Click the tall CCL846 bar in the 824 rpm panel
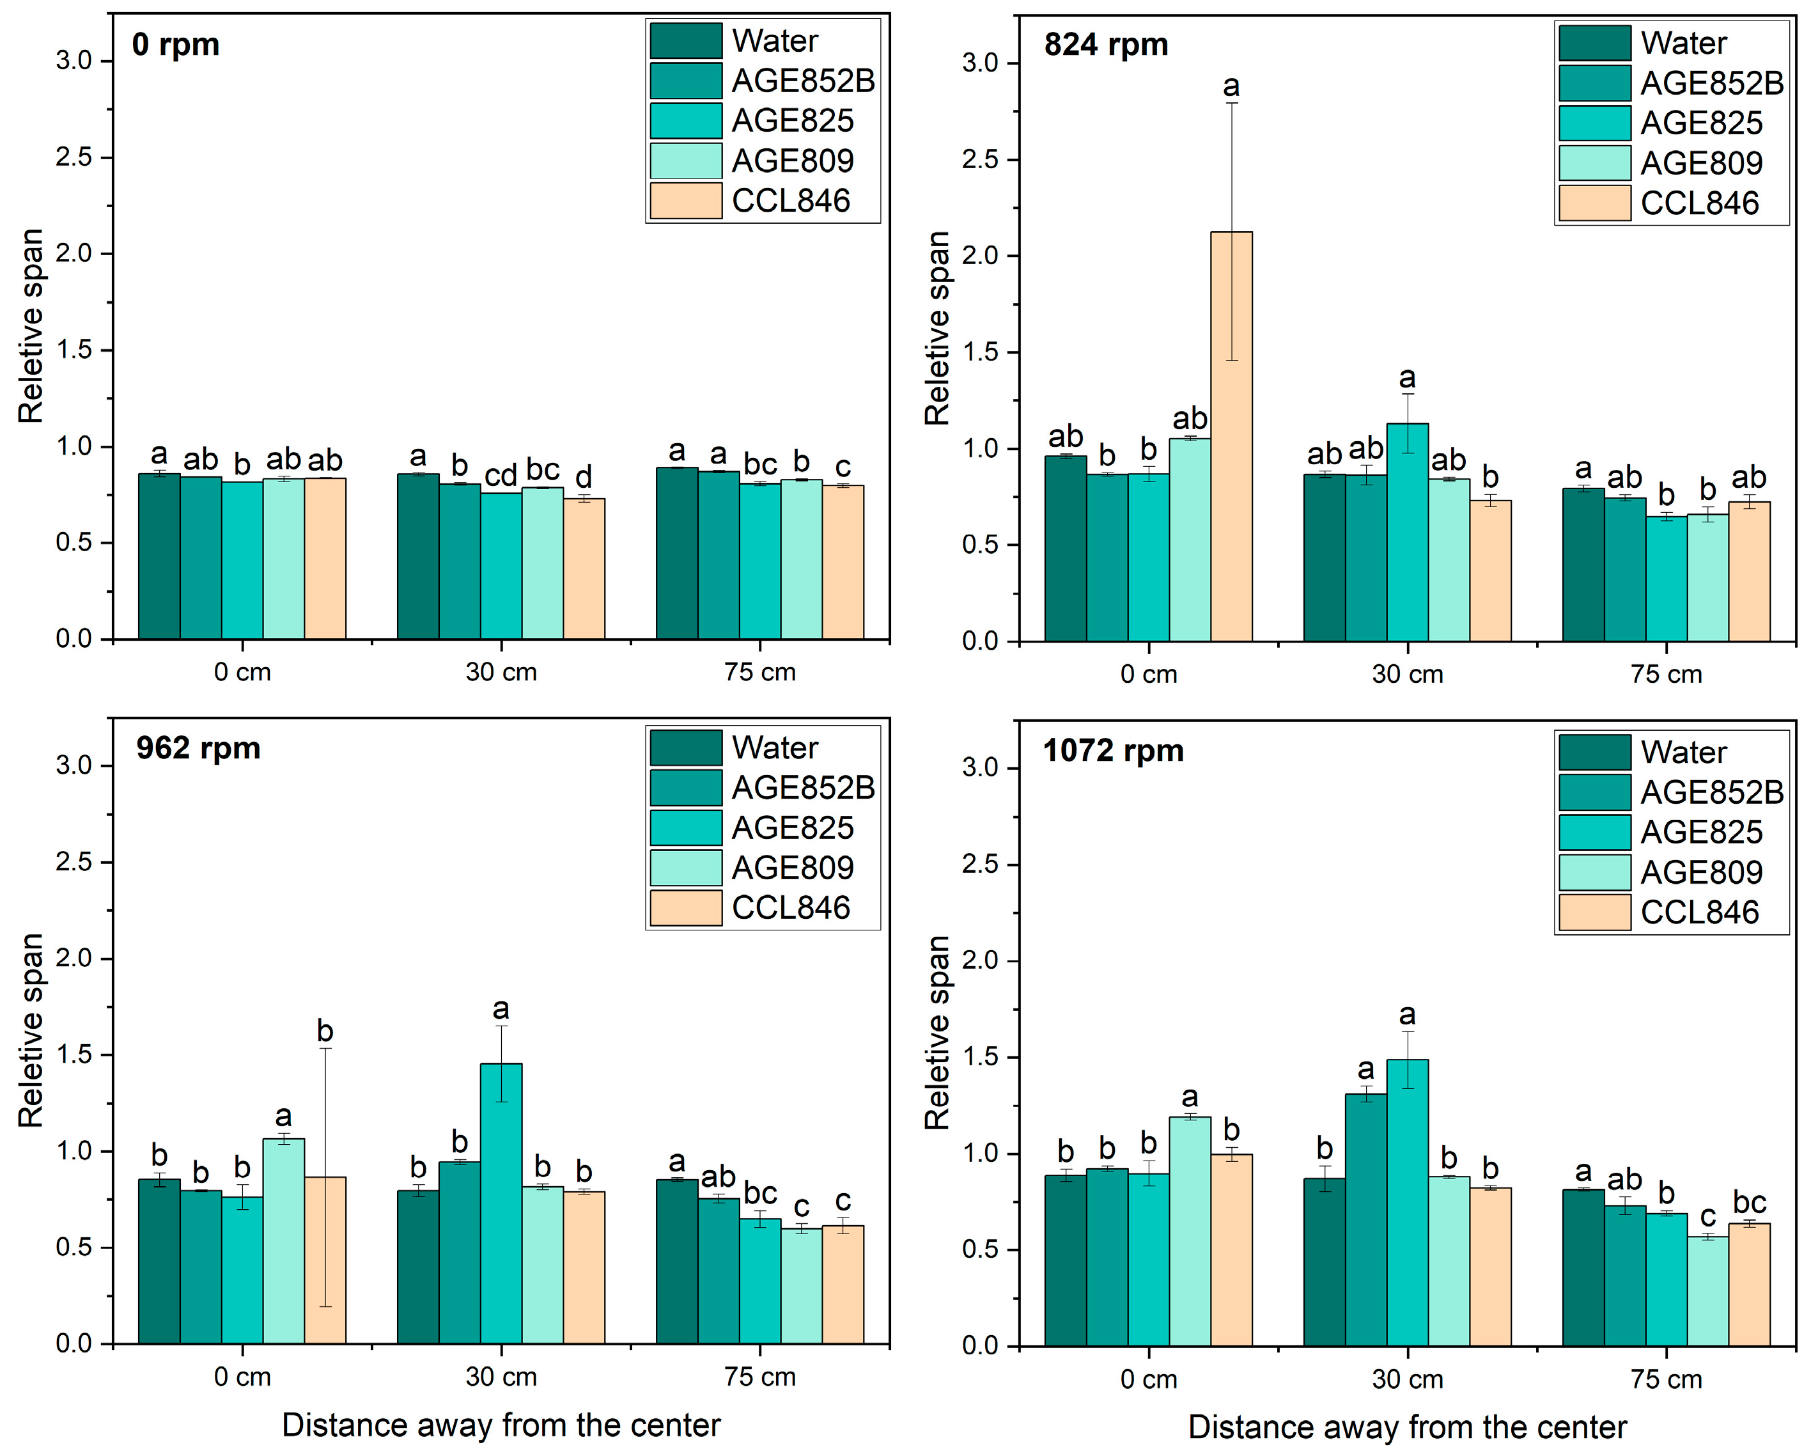(1231, 436)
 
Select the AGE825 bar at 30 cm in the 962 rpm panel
(501, 1203)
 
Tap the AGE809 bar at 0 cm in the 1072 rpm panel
(1190, 1231)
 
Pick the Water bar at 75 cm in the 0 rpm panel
(676, 554)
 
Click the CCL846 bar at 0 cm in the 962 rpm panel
(325, 1260)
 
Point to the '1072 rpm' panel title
(1113, 750)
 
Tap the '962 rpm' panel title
(198, 748)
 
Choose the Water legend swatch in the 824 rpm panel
(1594, 43)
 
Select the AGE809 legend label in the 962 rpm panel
(792, 868)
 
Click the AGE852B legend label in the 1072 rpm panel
(1711, 792)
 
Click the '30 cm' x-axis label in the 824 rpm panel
(1408, 674)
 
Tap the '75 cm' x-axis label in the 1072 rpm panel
(1667, 1379)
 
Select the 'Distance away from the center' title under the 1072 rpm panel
(1408, 1427)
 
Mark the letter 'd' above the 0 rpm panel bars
(584, 476)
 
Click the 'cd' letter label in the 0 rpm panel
(501, 476)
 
